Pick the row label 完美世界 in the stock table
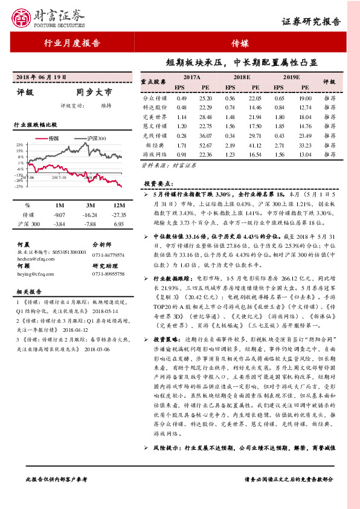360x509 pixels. pyautogui.click(x=155, y=116)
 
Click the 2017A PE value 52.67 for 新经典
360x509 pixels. pyautogui.click(x=206, y=145)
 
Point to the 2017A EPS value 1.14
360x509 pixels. pyautogui.click(x=181, y=116)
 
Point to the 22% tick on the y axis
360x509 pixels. pyautogui.click(x=20, y=145)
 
